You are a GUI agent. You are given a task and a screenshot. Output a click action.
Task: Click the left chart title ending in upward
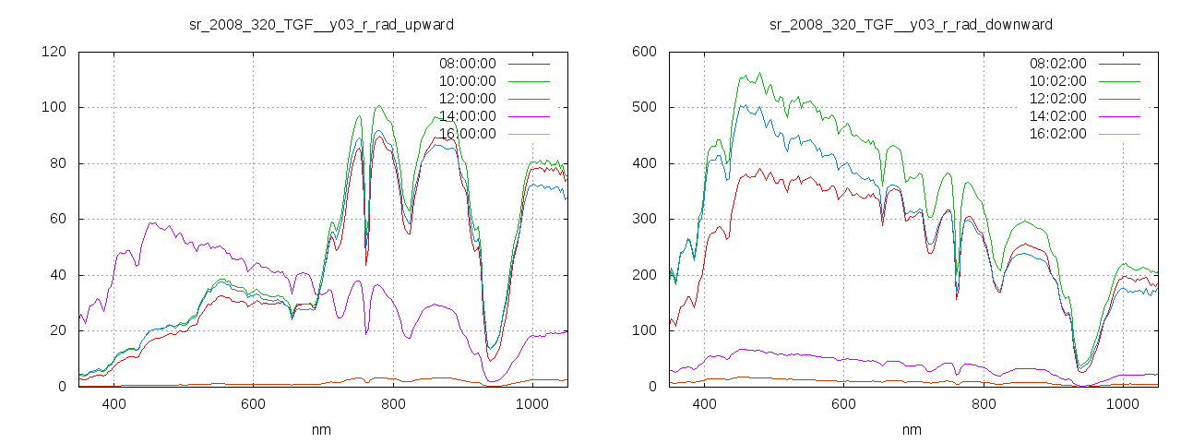pyautogui.click(x=321, y=24)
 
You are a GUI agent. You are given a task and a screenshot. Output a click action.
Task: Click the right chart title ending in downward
pyautogui.click(x=911, y=24)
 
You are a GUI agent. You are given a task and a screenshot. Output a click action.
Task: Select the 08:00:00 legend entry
pyautogui.click(x=467, y=64)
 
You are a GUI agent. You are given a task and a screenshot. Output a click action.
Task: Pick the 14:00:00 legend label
pyautogui.click(x=467, y=116)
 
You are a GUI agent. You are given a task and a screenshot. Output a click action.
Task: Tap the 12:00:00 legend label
pyautogui.click(x=467, y=99)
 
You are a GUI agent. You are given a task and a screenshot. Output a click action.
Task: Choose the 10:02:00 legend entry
pyautogui.click(x=1057, y=81)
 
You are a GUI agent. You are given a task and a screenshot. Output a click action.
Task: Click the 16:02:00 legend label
pyautogui.click(x=1057, y=134)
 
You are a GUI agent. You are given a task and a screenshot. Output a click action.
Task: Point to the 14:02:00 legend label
pyautogui.click(x=1057, y=116)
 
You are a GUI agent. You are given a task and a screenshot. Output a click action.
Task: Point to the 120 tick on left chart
pyautogui.click(x=54, y=52)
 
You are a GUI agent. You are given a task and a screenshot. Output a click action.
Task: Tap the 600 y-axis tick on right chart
pyautogui.click(x=644, y=52)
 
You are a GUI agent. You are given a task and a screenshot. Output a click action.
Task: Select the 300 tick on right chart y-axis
pyautogui.click(x=644, y=219)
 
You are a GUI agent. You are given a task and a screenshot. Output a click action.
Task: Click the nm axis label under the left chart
pyautogui.click(x=321, y=429)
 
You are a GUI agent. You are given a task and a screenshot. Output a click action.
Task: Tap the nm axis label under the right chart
pyautogui.click(x=911, y=429)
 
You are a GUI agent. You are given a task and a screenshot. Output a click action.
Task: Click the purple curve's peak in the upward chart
pyautogui.click(x=152, y=222)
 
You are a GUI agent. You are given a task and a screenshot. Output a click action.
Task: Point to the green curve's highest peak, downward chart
pyautogui.click(x=760, y=73)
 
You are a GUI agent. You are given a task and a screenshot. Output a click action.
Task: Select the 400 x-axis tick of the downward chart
pyautogui.click(x=704, y=403)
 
